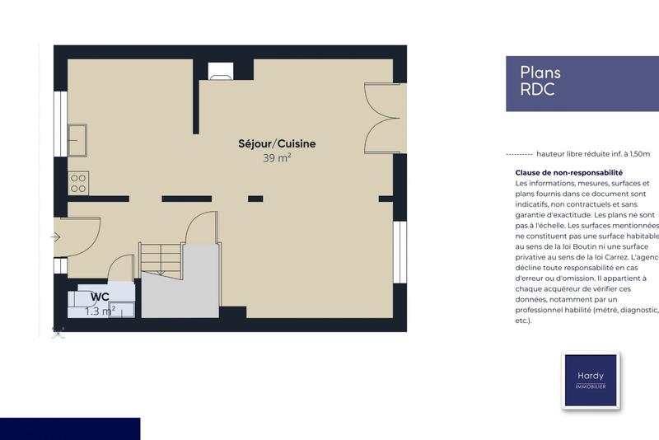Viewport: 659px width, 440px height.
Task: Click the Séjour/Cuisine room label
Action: click(x=277, y=143)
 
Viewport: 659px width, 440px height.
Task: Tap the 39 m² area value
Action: click(x=277, y=158)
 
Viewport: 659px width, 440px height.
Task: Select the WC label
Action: click(x=100, y=297)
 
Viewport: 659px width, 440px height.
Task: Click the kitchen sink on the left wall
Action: click(x=78, y=140)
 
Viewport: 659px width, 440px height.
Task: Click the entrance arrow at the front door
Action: click(x=55, y=237)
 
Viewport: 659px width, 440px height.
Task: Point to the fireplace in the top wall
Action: click(x=221, y=72)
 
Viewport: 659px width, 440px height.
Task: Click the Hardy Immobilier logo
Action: click(x=591, y=380)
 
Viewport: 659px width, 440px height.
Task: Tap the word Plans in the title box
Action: click(x=540, y=73)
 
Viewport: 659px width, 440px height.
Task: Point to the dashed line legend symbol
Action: click(x=518, y=154)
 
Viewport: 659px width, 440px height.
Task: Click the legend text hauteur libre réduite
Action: click(x=592, y=154)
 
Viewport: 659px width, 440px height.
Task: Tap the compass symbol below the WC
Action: click(x=58, y=332)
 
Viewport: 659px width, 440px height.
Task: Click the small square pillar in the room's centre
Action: click(x=255, y=199)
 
